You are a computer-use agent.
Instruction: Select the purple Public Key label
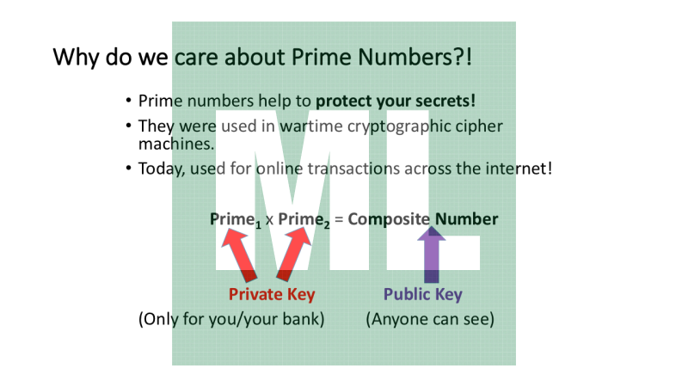click(x=422, y=295)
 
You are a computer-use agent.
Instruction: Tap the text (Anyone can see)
click(x=429, y=319)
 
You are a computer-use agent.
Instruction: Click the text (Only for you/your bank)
click(x=231, y=319)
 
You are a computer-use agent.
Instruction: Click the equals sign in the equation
click(x=339, y=220)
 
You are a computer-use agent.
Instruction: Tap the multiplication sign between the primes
click(x=269, y=220)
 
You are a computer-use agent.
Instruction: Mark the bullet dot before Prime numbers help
click(x=128, y=101)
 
